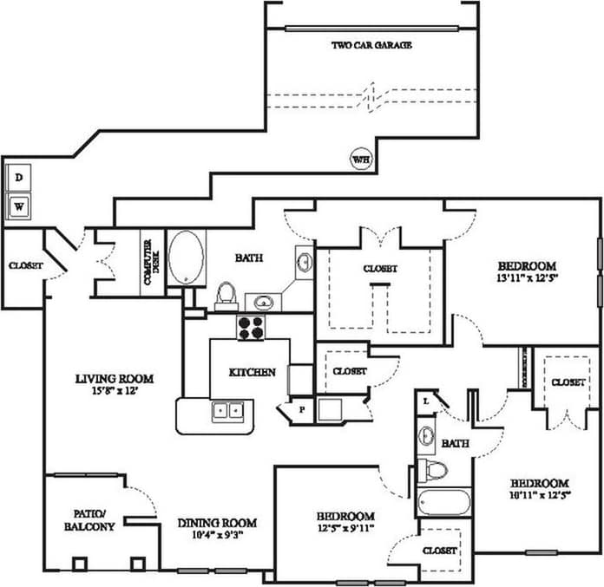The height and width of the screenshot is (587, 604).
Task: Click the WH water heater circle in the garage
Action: point(360,159)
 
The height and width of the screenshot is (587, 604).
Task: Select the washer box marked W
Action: point(19,206)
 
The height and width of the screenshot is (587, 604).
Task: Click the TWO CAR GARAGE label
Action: point(371,45)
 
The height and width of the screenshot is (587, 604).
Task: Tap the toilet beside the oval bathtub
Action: point(226,295)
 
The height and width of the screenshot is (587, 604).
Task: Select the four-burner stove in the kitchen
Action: point(252,327)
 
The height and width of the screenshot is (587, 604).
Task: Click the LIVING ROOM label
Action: point(114,378)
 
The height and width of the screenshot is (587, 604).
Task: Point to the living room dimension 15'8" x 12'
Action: point(114,392)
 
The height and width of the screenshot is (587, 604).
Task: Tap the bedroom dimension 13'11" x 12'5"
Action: point(526,279)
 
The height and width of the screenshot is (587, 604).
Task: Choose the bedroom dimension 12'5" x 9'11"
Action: point(346,528)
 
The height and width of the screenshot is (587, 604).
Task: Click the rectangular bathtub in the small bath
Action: point(443,502)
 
